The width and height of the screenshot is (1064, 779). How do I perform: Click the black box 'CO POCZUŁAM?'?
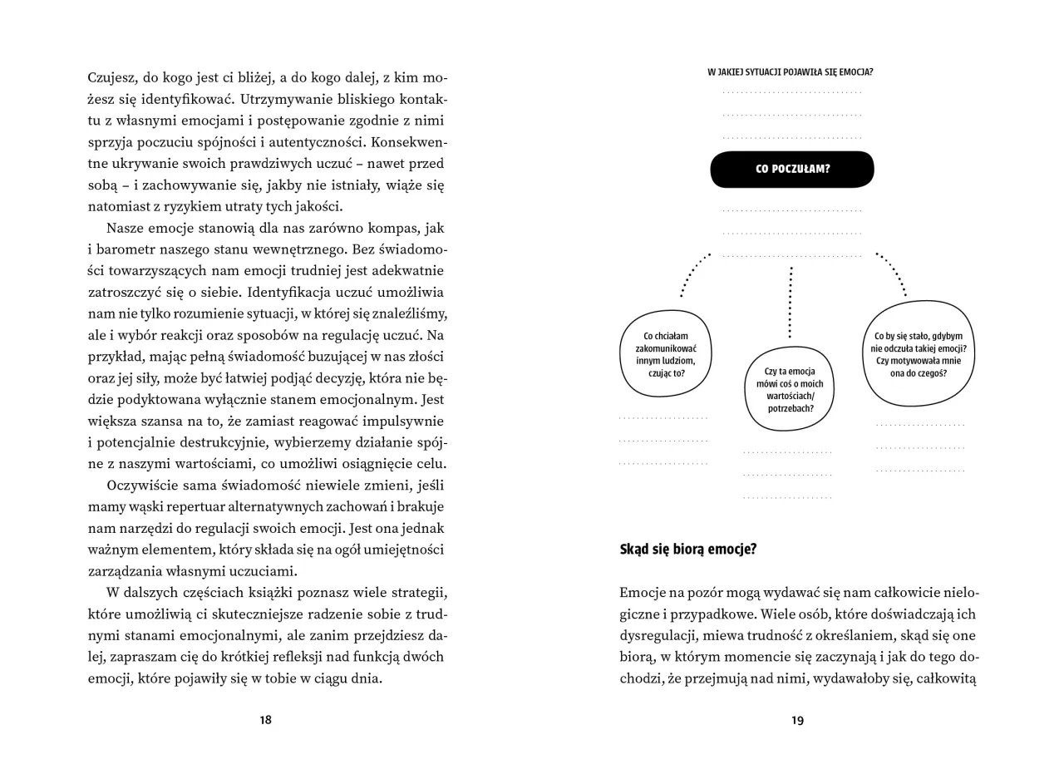(791, 169)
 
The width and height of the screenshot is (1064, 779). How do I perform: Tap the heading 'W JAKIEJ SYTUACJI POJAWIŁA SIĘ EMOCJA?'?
(790, 72)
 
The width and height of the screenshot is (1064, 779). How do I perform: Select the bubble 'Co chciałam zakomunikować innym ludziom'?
(665, 354)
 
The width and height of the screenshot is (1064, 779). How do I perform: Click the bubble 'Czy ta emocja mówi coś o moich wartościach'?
(789, 389)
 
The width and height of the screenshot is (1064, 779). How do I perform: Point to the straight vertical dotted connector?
(790, 301)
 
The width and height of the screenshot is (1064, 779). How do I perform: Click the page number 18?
(265, 720)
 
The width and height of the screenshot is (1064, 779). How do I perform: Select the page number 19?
(797, 721)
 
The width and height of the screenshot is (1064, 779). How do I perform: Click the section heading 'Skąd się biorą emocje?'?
(687, 550)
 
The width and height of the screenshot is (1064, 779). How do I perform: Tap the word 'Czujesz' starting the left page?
(113, 78)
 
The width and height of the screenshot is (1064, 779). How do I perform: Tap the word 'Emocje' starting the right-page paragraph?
(643, 593)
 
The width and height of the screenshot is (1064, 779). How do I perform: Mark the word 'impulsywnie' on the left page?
(407, 422)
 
